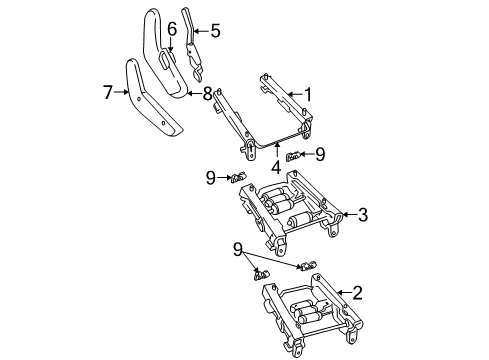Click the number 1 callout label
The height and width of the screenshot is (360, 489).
[x=308, y=96]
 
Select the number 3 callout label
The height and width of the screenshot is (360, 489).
[x=362, y=213]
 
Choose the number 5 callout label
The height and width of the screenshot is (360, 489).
[x=214, y=31]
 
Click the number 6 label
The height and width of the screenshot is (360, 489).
[x=172, y=29]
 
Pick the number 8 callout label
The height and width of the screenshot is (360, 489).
[x=208, y=94]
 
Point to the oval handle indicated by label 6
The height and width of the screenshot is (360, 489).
[x=163, y=60]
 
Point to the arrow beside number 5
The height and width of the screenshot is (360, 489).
[x=200, y=31]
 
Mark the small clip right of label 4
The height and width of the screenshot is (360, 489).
[x=294, y=155]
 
